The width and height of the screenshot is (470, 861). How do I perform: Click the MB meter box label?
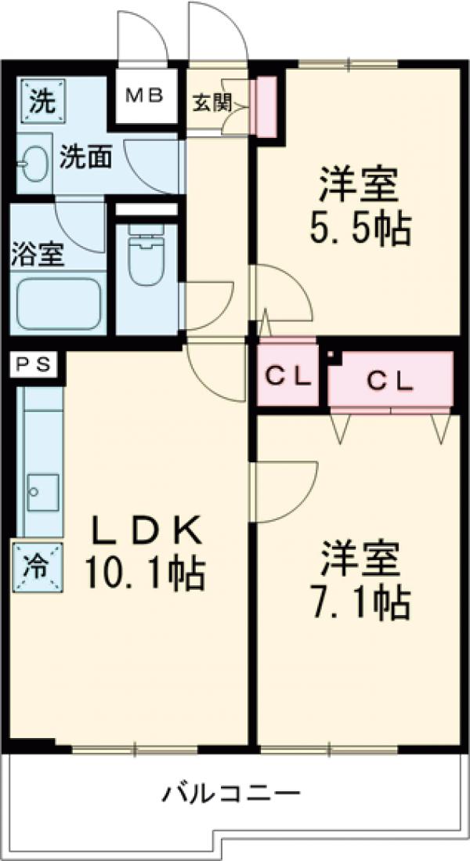pos(145,96)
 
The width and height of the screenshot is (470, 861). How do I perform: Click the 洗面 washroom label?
pos(86,157)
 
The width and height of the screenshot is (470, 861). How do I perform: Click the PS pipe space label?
pos(34,364)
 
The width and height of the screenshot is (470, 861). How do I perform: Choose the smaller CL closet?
pos(287,378)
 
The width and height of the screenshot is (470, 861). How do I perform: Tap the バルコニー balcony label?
pos(232,794)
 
